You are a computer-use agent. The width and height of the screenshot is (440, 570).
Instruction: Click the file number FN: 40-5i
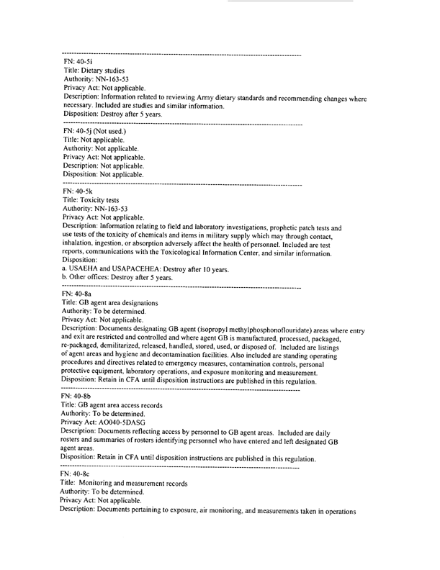coord(76,63)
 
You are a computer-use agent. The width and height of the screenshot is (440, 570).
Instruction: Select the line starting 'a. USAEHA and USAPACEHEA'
coord(145,268)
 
